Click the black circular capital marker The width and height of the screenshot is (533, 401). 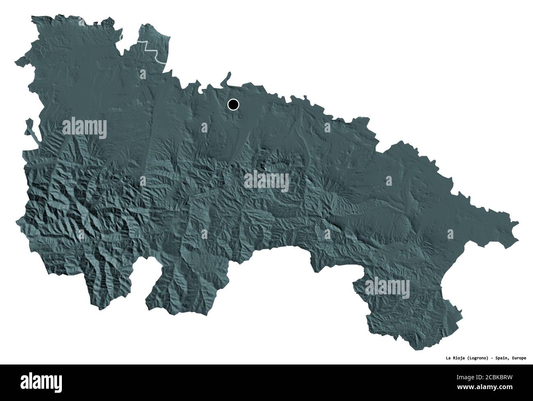click(233, 105)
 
